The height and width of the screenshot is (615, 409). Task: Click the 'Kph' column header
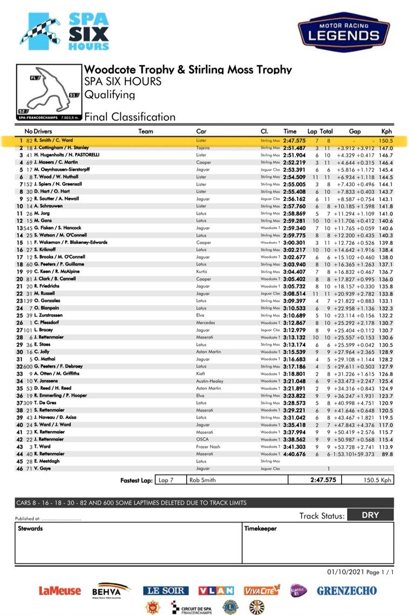click(386, 131)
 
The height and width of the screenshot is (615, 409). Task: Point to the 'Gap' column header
click(355, 131)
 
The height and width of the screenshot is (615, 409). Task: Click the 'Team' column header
click(146, 131)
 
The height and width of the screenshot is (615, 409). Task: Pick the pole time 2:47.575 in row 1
click(295, 140)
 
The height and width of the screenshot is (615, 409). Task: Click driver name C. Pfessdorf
click(49, 323)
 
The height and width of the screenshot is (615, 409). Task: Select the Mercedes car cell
click(207, 323)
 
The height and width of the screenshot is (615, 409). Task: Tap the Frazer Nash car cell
click(209, 447)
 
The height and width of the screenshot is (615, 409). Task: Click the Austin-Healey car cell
click(211, 381)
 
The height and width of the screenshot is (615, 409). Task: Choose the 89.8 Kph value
click(386, 454)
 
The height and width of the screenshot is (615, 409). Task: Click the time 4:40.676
click(295, 454)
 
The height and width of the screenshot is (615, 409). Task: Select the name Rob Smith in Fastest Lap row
click(202, 480)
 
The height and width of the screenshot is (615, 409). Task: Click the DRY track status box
click(370, 515)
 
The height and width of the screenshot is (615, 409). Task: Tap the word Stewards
click(30, 528)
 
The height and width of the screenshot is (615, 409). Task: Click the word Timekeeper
click(260, 528)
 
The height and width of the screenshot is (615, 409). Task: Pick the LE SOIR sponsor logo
click(166, 590)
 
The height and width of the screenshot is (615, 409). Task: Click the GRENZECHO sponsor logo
click(346, 590)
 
